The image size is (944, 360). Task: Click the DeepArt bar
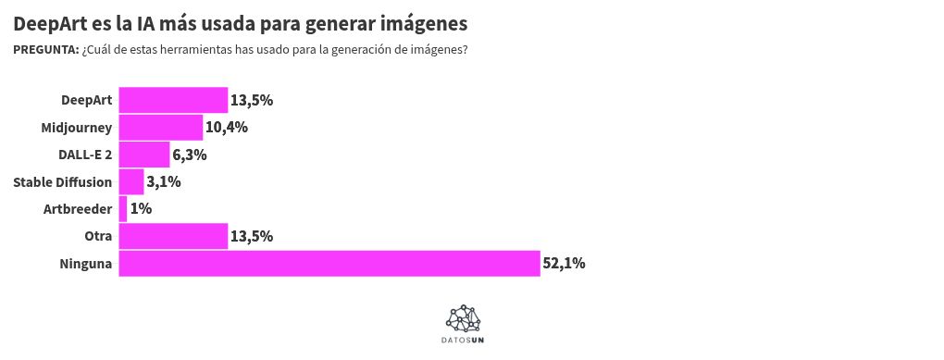click(x=173, y=100)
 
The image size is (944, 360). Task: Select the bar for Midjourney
click(x=161, y=128)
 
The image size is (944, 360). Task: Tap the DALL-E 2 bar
click(x=144, y=155)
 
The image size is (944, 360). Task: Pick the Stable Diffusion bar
click(x=131, y=182)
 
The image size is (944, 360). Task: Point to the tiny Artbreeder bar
click(x=123, y=209)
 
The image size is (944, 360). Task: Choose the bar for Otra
click(x=173, y=236)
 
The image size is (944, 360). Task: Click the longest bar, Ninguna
click(x=329, y=264)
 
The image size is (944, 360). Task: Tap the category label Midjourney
click(x=77, y=128)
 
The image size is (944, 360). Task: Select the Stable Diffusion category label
click(x=63, y=182)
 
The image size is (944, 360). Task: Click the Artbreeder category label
click(x=78, y=209)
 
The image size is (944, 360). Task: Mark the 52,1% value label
click(x=564, y=264)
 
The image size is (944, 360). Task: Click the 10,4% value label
click(x=227, y=128)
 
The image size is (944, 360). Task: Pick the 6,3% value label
click(x=190, y=155)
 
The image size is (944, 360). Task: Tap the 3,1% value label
click(x=164, y=182)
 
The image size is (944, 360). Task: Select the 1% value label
click(x=141, y=209)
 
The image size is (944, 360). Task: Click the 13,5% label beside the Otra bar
click(x=252, y=236)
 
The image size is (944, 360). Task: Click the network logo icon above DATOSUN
click(x=464, y=318)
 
